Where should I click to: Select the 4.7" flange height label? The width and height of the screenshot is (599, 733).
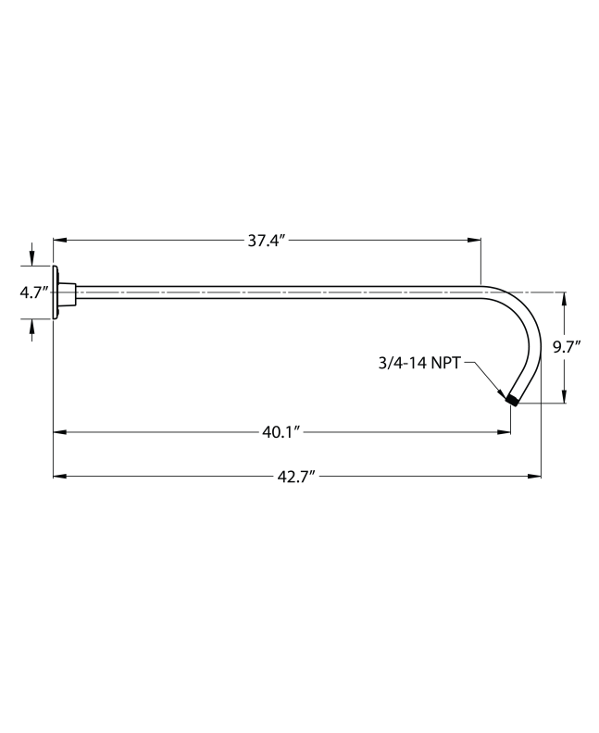coord(34,292)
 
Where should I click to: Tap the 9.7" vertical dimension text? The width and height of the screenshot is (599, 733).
coord(567,348)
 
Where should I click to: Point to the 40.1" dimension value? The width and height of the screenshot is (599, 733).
coord(282,431)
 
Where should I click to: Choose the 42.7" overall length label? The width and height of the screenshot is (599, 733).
coord(297,477)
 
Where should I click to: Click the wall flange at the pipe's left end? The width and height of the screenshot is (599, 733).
coord(58,292)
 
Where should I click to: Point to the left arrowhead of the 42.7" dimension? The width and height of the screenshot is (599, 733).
coord(59,477)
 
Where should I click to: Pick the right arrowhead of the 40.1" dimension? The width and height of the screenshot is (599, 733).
coord(505,431)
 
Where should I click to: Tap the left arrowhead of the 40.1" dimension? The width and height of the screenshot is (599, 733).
coord(59,431)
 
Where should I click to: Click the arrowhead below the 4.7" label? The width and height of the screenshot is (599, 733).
coord(33,325)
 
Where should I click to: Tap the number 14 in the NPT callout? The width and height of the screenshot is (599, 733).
coord(419,365)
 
